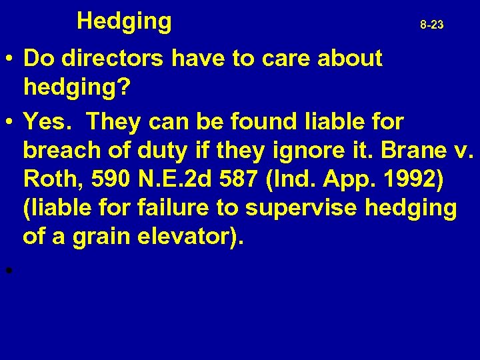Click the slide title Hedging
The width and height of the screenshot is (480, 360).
click(124, 22)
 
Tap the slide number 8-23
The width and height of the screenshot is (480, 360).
click(431, 25)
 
